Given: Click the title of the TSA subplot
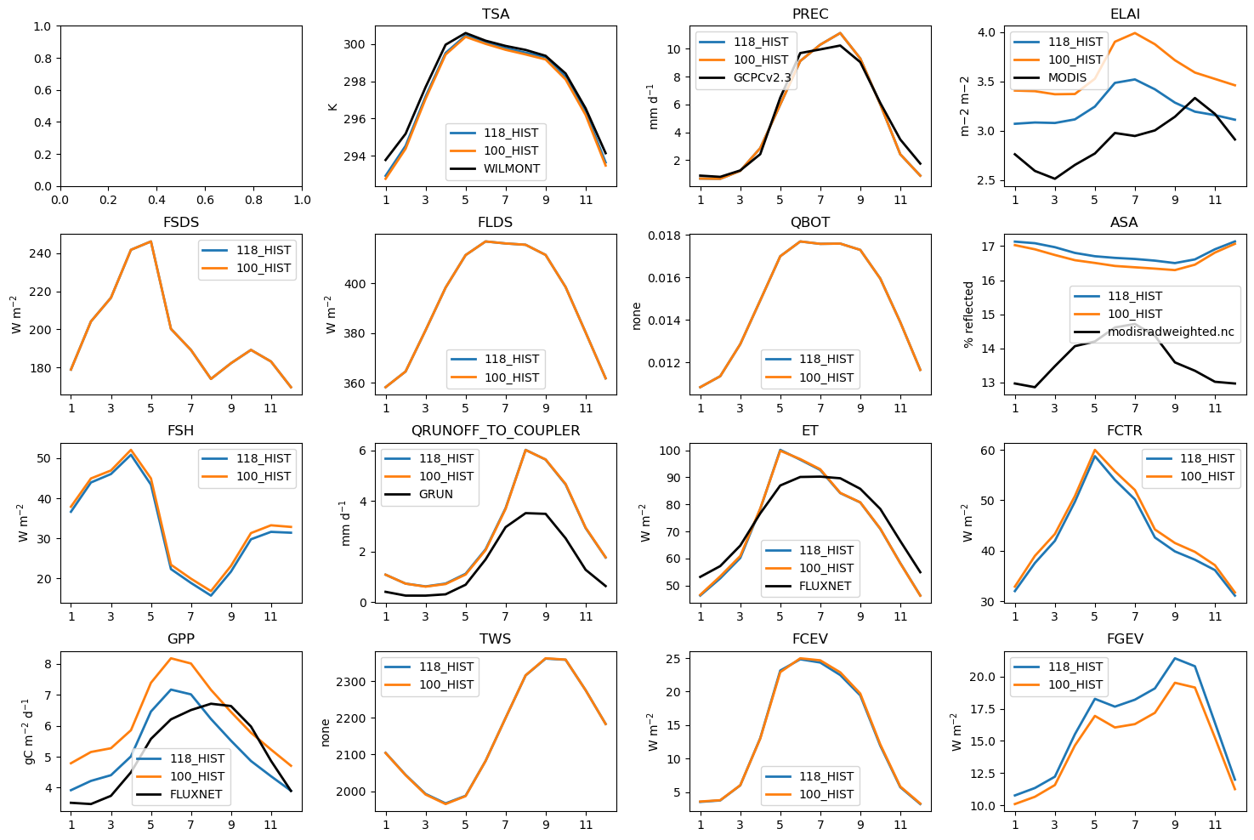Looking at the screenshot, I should pyautogui.click(x=495, y=14).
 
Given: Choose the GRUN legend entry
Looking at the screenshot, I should pyautogui.click(x=435, y=494).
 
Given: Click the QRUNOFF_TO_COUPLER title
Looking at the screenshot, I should pyautogui.click(x=495, y=430).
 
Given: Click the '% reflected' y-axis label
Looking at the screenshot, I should pyautogui.click(x=968, y=315).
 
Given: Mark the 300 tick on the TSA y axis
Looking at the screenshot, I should pyautogui.click(x=354, y=44).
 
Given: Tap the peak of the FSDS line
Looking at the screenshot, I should pyautogui.click(x=150, y=241).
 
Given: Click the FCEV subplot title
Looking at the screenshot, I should pyautogui.click(x=809, y=639).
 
